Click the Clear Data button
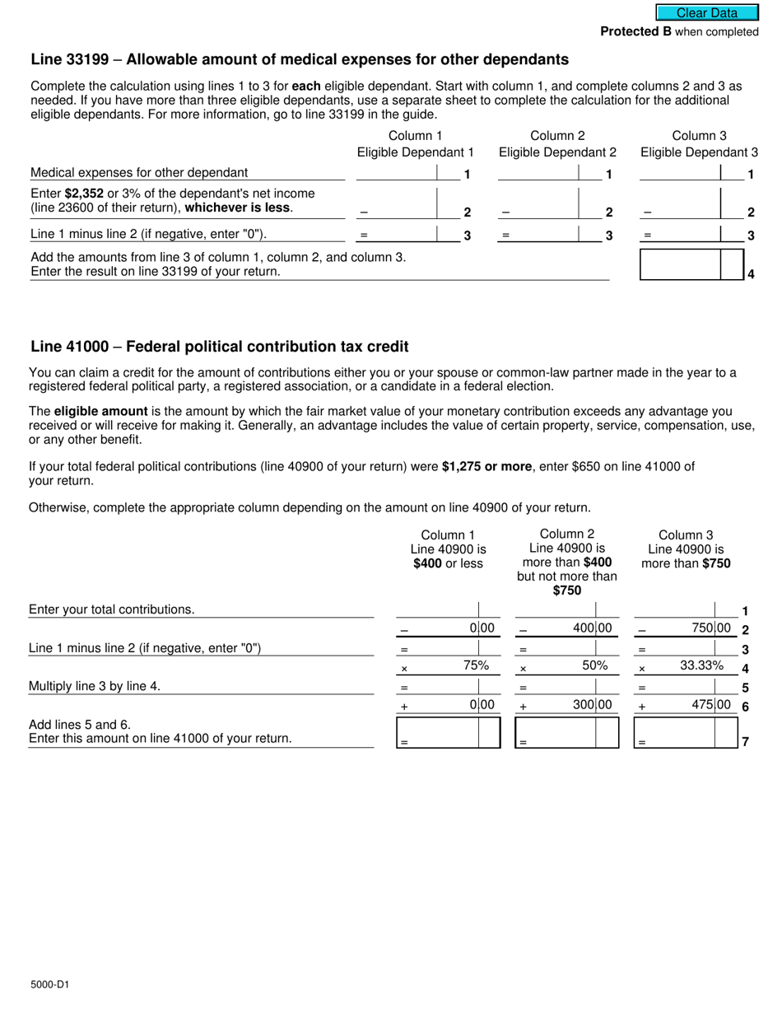click(x=706, y=12)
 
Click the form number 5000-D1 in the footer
click(x=49, y=983)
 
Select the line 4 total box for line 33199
click(x=680, y=265)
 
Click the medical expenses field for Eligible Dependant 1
click(x=396, y=173)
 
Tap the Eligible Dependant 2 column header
click(x=557, y=152)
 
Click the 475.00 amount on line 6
click(x=712, y=704)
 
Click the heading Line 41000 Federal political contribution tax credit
click(x=219, y=347)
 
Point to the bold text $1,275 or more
click(x=486, y=466)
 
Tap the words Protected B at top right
click(x=635, y=31)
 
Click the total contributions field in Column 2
click(x=555, y=610)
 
